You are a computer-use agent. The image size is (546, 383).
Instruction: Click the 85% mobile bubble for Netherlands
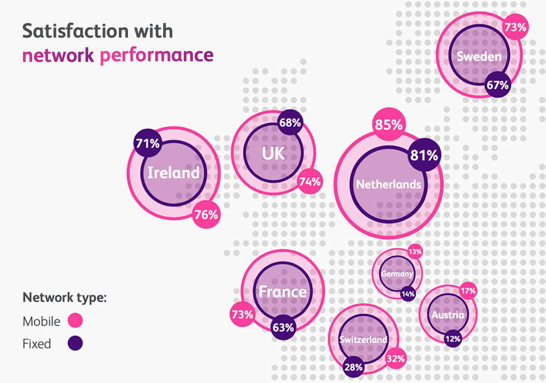click(x=389, y=125)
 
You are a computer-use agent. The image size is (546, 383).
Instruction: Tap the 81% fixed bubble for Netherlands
click(x=424, y=155)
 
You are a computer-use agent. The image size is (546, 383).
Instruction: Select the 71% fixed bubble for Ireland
click(x=147, y=144)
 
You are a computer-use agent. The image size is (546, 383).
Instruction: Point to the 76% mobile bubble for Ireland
click(x=206, y=215)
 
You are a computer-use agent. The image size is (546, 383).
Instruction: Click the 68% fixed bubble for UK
click(x=290, y=123)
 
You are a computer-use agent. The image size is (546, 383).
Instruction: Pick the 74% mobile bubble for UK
click(x=310, y=181)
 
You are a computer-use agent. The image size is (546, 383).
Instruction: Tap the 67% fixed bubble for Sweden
click(x=497, y=85)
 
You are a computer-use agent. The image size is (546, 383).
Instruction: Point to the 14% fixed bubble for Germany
click(x=408, y=294)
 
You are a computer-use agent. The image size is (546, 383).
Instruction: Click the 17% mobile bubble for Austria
click(x=468, y=291)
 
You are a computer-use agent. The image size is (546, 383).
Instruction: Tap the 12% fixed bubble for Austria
click(x=452, y=339)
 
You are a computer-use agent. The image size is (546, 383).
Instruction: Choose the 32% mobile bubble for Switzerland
click(x=396, y=359)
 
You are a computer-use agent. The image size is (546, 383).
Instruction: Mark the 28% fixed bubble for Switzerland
click(x=353, y=367)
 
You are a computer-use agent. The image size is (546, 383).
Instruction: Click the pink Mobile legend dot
click(x=75, y=320)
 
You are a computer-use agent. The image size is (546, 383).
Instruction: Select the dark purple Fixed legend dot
click(x=75, y=344)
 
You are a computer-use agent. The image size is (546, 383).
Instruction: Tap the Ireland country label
click(x=174, y=173)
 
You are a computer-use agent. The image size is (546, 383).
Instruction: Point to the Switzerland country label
click(x=363, y=340)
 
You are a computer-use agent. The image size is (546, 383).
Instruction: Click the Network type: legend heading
click(x=64, y=298)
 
